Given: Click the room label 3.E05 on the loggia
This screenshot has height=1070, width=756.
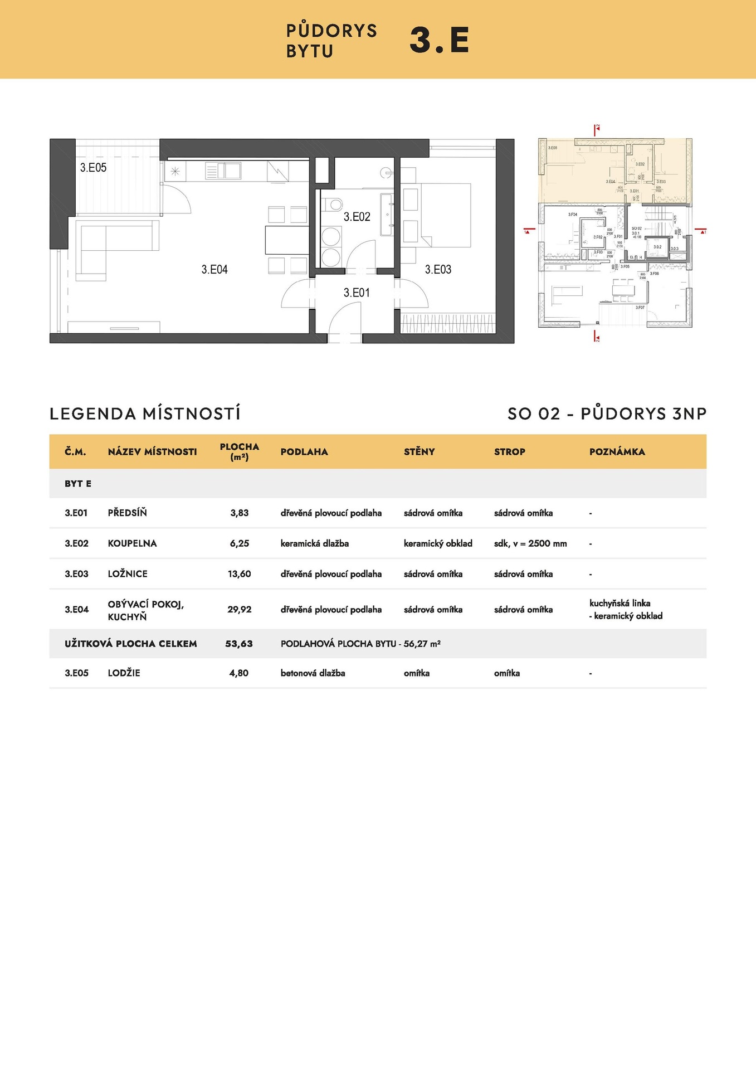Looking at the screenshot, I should coord(93,168).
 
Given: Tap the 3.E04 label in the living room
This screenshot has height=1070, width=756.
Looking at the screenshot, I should coord(214,270).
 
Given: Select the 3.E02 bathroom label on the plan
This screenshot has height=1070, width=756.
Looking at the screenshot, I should coord(357,217).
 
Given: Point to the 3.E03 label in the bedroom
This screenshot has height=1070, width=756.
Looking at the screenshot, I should coord(438,270).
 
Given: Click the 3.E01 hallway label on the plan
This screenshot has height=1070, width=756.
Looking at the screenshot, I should coord(357,293).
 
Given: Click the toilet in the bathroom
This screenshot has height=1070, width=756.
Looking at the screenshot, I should coord(334,204).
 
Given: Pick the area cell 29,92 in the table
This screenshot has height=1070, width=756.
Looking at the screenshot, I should coord(240,610).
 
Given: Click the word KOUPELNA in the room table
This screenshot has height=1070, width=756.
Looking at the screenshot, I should coord(132,543).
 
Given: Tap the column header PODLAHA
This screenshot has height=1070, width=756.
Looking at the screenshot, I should coord(304,452).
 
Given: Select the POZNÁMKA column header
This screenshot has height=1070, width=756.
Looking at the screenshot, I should coord(617,452).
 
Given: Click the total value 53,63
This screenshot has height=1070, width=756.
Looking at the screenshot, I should coord(239,644).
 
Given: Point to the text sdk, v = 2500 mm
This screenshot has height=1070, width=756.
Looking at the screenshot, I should coord(530,543).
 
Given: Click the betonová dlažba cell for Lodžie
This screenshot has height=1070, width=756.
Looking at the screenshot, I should coord(313,673).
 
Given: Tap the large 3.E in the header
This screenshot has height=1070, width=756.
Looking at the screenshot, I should coord(439,40).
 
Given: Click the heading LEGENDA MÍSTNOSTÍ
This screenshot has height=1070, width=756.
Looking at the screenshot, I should coord(145,414).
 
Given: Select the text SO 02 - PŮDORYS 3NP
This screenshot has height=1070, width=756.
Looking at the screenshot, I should coord(607,414).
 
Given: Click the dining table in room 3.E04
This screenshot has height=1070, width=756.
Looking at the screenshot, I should coord(286,240).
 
